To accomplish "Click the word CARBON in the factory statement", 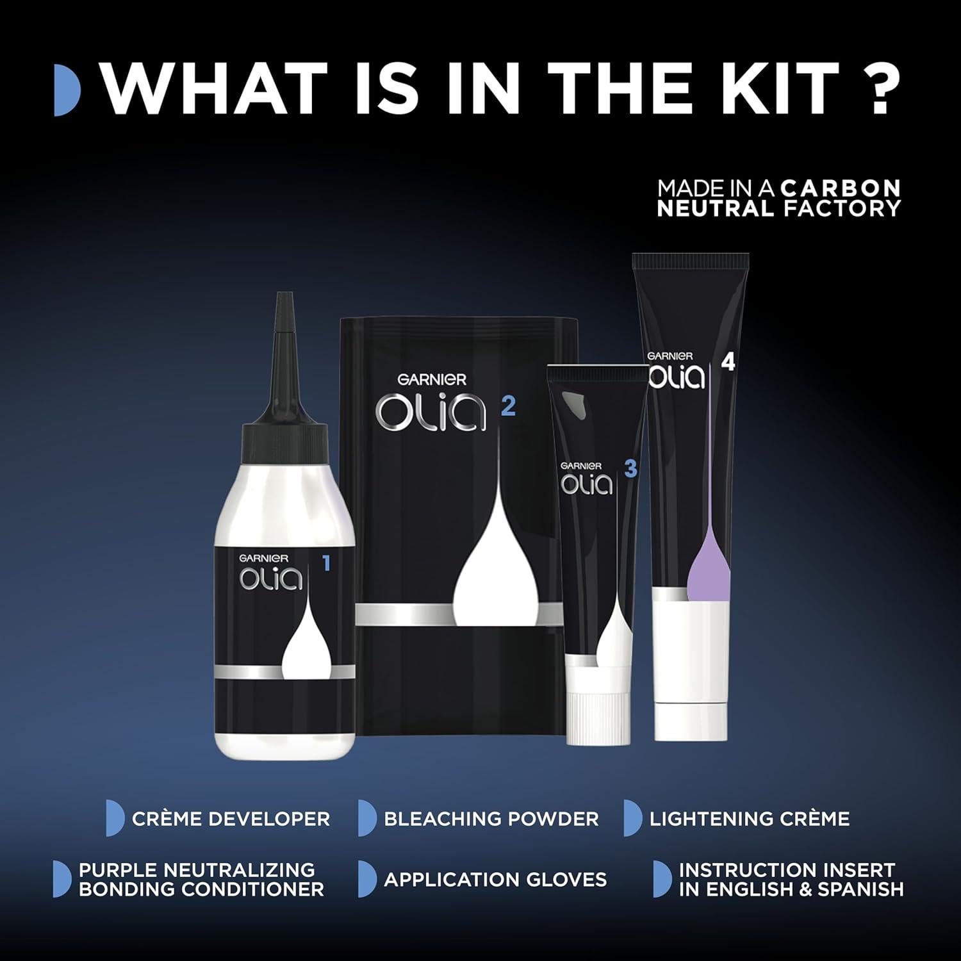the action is (841, 188).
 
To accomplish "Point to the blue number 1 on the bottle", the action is (326, 564).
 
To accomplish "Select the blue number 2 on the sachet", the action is (508, 406).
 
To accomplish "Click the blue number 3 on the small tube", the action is (630, 469).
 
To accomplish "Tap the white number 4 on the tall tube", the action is (728, 363).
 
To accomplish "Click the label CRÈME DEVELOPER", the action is (231, 819).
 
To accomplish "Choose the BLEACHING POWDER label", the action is (491, 819).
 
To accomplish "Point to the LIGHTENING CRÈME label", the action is (750, 819).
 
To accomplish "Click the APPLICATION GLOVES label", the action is (495, 880).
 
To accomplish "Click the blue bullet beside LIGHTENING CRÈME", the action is (633, 818).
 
